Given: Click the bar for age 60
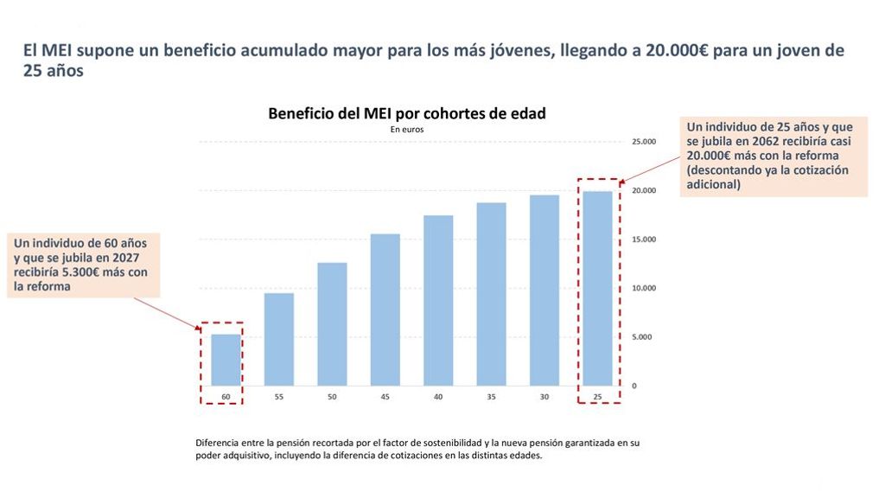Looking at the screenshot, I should [x=226, y=360].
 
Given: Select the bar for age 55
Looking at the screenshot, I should [x=279, y=339].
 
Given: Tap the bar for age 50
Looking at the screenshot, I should [x=332, y=324].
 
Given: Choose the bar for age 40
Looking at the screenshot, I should [x=438, y=300].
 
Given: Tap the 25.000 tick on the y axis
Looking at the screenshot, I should [x=646, y=141].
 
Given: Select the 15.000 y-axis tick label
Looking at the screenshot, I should [x=646, y=239].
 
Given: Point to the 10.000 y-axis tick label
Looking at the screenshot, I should [x=646, y=288].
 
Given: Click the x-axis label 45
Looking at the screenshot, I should [x=385, y=397].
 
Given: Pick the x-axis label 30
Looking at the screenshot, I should [x=544, y=397].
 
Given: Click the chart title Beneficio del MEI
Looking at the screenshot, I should [x=406, y=113].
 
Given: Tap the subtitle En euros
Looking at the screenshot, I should [x=406, y=129].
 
